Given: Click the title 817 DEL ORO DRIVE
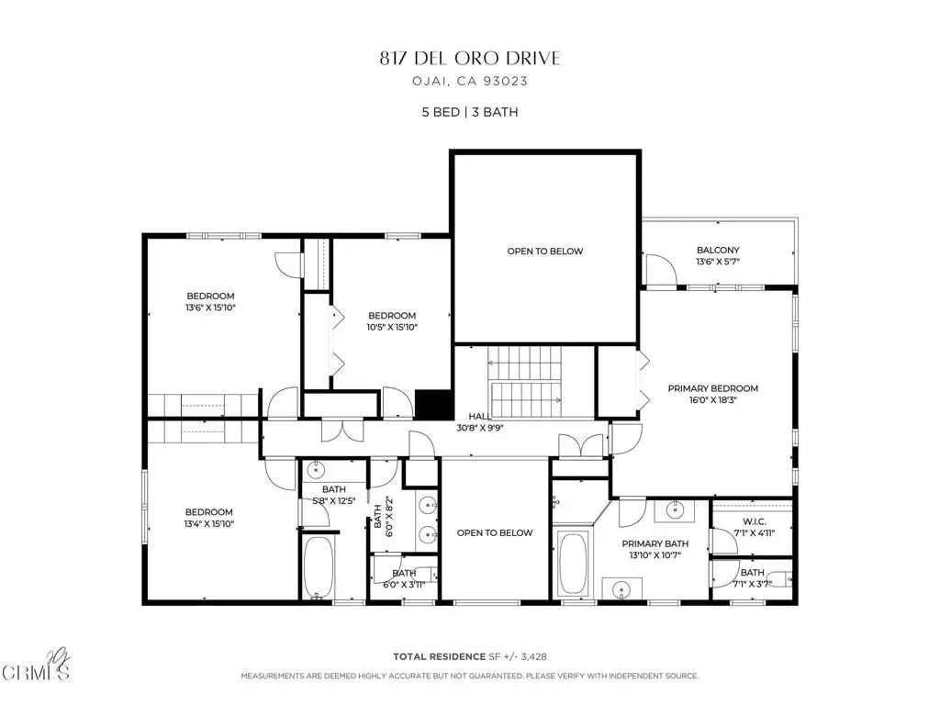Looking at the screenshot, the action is pyautogui.click(x=470, y=58).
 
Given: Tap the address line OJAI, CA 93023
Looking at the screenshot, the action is pyautogui.click(x=470, y=81).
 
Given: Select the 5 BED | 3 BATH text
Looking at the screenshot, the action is pyautogui.click(x=470, y=112).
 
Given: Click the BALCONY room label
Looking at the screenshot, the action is pyautogui.click(x=718, y=250).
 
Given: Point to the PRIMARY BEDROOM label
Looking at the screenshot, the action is pyautogui.click(x=712, y=388).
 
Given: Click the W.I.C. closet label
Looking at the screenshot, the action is pyautogui.click(x=755, y=521).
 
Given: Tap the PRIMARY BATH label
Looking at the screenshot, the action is pyautogui.click(x=655, y=543).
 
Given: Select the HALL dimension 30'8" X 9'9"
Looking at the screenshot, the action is pyautogui.click(x=479, y=428).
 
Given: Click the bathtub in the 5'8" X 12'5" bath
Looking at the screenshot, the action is pyautogui.click(x=318, y=567).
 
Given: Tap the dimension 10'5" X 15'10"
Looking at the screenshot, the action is pyautogui.click(x=392, y=328).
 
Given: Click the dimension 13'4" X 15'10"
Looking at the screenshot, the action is pyautogui.click(x=208, y=524).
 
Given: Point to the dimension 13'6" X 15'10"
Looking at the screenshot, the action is pyautogui.click(x=210, y=308).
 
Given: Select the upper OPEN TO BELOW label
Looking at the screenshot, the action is pyautogui.click(x=545, y=252).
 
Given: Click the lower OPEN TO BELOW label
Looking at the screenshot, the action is pyautogui.click(x=495, y=533).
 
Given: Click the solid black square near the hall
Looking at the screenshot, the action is pyautogui.click(x=434, y=405).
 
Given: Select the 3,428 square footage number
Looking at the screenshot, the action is pyautogui.click(x=533, y=657).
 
